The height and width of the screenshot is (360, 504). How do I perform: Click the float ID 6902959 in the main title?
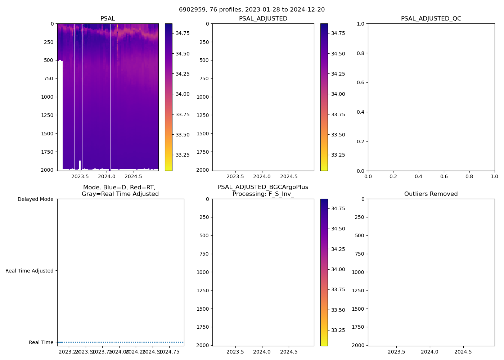[x=191, y=10]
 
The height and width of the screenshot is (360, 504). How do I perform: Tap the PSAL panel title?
[x=108, y=19]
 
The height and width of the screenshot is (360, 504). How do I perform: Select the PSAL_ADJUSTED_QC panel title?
[x=431, y=19]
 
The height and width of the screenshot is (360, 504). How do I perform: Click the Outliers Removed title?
[x=431, y=194]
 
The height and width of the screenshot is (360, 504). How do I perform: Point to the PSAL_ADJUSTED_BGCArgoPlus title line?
[x=263, y=187]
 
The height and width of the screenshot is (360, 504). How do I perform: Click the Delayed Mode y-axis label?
[x=35, y=199]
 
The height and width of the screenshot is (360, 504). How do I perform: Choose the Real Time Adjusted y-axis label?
[x=30, y=271]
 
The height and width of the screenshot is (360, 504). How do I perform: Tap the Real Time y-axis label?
[x=41, y=342]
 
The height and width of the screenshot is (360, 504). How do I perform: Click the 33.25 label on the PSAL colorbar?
[x=182, y=155]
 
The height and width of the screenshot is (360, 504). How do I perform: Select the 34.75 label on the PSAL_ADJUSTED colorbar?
[x=338, y=33]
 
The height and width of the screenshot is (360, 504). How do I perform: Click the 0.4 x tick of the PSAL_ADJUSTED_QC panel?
[x=418, y=176]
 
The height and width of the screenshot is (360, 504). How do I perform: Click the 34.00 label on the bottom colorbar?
[x=338, y=269]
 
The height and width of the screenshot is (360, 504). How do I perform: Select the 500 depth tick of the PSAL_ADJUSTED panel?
[x=204, y=60]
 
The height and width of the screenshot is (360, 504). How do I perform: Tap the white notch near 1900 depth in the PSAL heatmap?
[x=80, y=165]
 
